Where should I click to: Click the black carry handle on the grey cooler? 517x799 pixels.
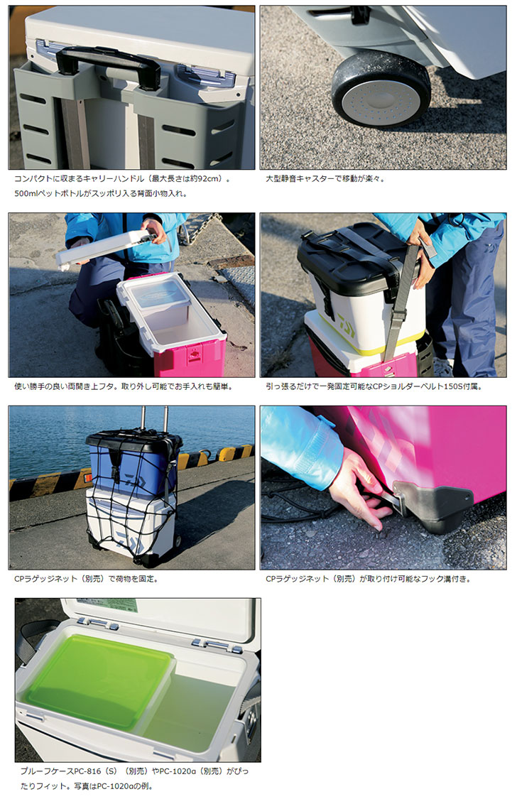click(108, 62)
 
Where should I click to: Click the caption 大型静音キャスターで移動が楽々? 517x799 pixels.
click(325, 179)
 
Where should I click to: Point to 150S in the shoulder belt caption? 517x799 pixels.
click(452, 386)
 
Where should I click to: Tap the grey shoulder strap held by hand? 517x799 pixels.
click(400, 300)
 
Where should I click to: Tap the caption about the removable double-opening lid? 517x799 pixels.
click(124, 386)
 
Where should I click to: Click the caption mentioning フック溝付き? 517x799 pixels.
click(368, 579)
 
